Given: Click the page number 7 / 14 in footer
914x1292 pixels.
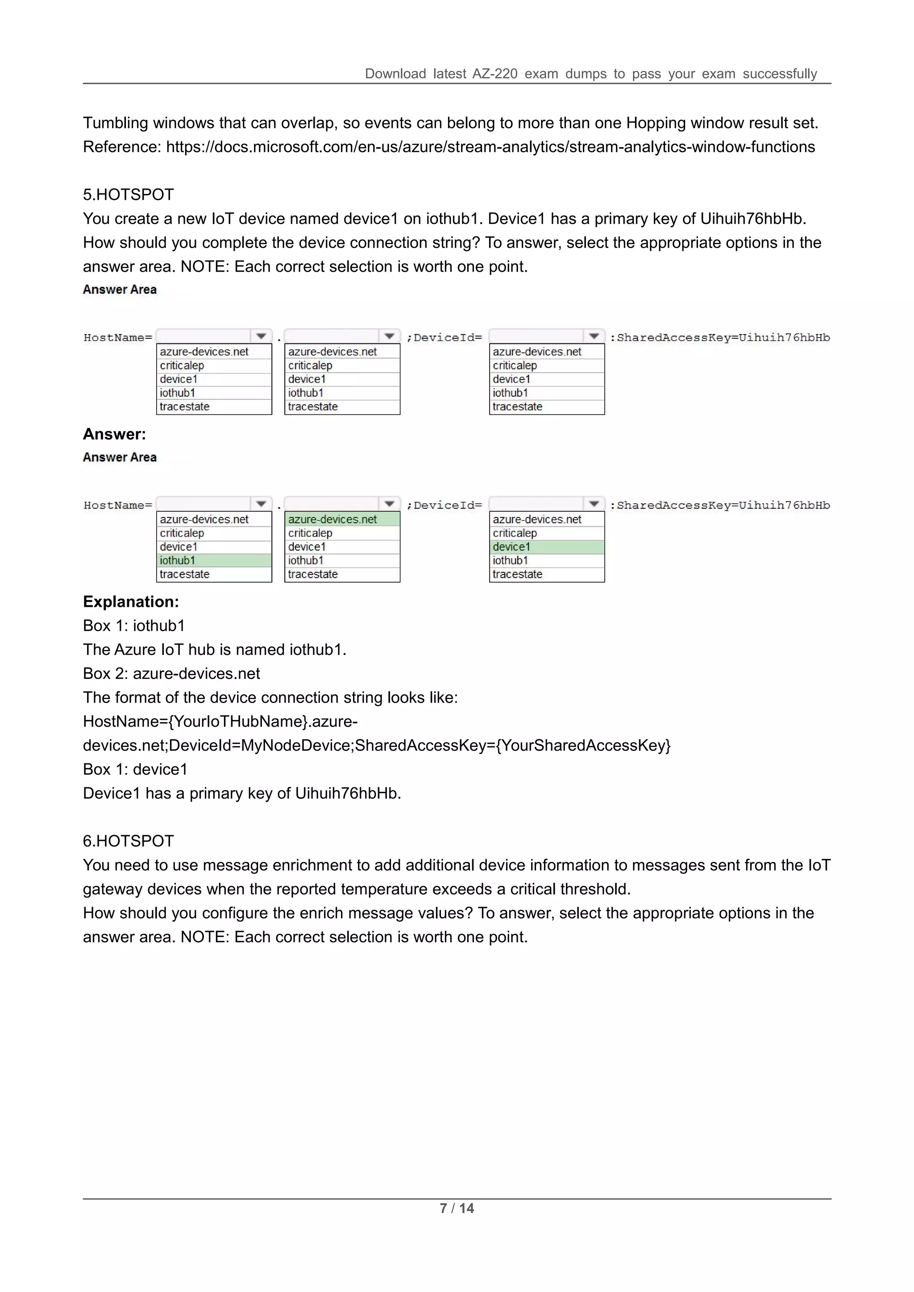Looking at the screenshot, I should click(x=457, y=1208).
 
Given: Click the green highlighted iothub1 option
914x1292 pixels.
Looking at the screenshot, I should click(x=214, y=560).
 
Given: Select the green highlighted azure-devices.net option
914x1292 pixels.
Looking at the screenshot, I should click(x=342, y=519).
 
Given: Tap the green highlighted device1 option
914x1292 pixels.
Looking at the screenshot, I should click(x=547, y=547).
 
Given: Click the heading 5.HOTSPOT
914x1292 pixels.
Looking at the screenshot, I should click(x=129, y=195).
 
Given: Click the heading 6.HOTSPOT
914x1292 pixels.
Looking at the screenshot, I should click(x=129, y=841).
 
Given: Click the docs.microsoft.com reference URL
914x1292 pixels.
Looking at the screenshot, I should click(x=490, y=147).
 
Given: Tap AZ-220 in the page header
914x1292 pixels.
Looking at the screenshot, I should click(x=494, y=74).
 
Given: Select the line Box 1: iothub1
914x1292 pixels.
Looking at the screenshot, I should click(x=134, y=626).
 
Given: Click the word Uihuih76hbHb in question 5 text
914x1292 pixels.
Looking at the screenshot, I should click(x=752, y=219).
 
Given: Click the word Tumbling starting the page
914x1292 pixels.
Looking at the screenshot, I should click(x=116, y=123).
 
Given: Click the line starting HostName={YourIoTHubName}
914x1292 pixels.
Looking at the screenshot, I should click(x=220, y=721).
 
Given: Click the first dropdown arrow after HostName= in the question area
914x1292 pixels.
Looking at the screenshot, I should click(x=261, y=336).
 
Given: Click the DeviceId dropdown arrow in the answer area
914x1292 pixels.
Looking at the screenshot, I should click(x=594, y=504).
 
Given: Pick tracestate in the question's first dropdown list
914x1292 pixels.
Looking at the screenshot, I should click(x=185, y=407).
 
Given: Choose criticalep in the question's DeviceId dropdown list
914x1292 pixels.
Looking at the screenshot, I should click(x=515, y=366).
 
